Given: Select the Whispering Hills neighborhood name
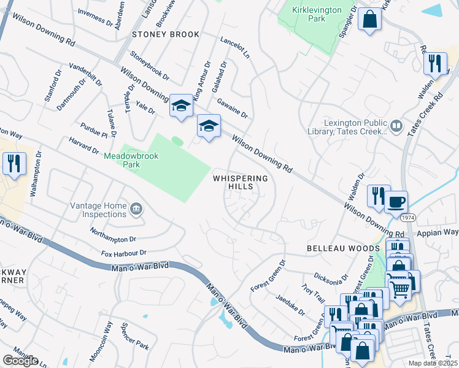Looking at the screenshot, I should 240,182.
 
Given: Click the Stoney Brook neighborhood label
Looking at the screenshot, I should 165,34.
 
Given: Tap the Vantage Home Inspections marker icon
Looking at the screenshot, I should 135,210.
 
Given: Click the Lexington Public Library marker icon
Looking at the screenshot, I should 396,127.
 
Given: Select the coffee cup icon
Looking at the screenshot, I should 396,201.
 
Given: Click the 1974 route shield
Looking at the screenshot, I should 408,218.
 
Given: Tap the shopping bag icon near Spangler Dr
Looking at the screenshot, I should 370,18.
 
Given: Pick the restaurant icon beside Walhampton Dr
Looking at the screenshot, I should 13,163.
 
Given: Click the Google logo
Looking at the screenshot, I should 20,361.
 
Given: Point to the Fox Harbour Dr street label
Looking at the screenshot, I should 125,253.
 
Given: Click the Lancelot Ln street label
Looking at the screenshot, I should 235,47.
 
